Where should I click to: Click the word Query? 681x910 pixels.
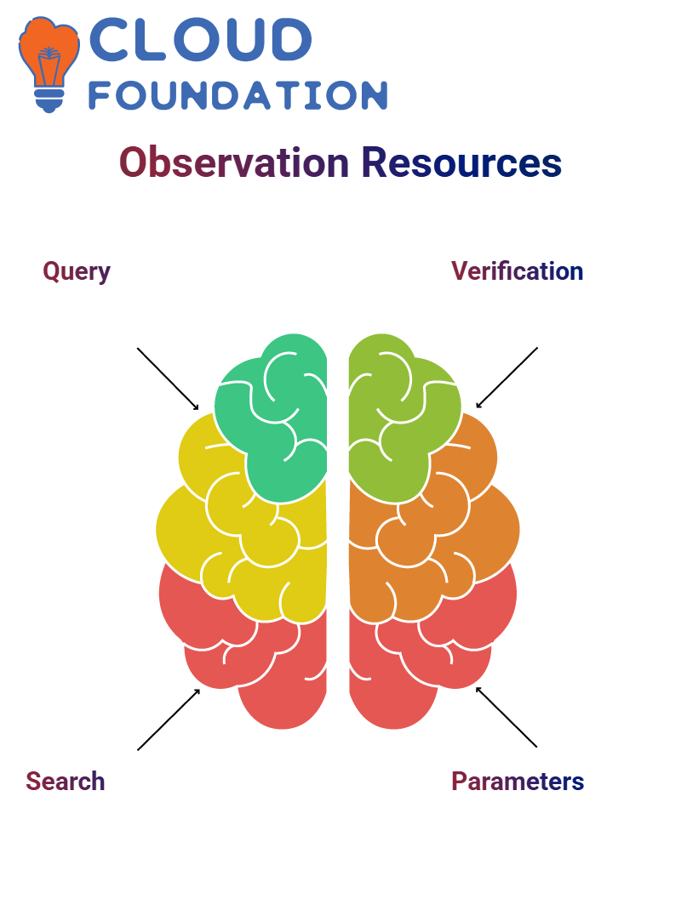pyautogui.click(x=76, y=271)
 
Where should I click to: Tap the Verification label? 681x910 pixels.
pyautogui.click(x=518, y=271)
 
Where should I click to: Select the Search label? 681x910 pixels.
pyautogui.click(x=65, y=782)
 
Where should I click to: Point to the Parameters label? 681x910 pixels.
pyautogui.click(x=518, y=782)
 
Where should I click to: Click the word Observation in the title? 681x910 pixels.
pyautogui.click(x=234, y=162)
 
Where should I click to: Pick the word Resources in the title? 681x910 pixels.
pyautogui.click(x=461, y=162)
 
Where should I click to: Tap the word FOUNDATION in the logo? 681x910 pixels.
pyautogui.click(x=237, y=95)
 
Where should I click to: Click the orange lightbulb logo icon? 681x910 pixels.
pyautogui.click(x=49, y=64)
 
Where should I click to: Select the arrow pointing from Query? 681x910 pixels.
pyautogui.click(x=168, y=379)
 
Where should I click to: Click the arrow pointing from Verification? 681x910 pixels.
pyautogui.click(x=506, y=378)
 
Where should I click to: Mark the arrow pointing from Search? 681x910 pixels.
pyautogui.click(x=169, y=719)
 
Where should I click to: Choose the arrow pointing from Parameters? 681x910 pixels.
pyautogui.click(x=506, y=717)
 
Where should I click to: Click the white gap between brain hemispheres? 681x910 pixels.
pyautogui.click(x=338, y=522)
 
